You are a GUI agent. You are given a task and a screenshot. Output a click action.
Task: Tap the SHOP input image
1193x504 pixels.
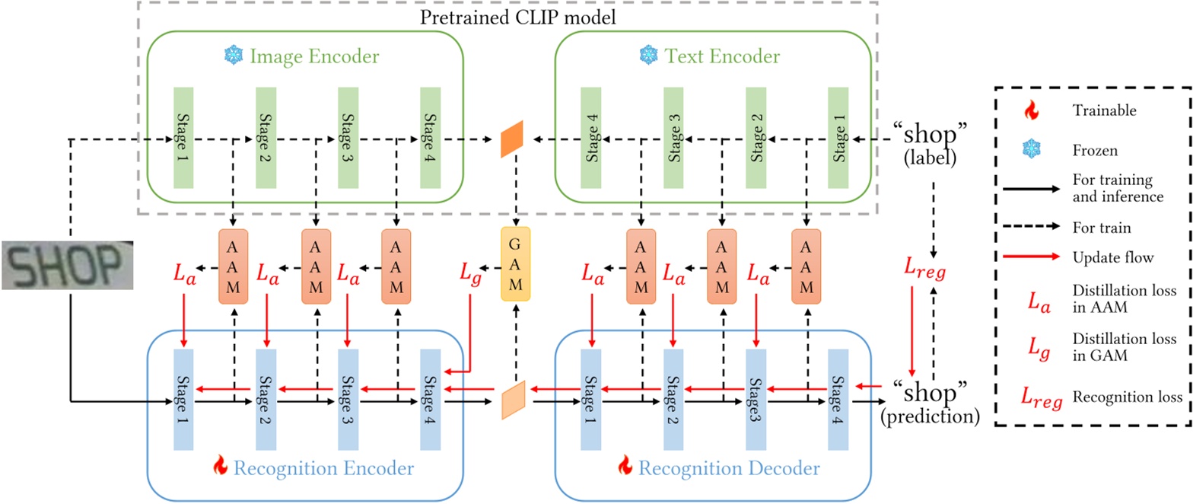(68, 265)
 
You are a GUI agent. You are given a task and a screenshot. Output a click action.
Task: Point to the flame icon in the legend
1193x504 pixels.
(1031, 111)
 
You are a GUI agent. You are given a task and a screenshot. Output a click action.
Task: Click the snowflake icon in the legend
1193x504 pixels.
(1031, 150)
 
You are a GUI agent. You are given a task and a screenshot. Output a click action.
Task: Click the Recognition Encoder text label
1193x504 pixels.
(323, 467)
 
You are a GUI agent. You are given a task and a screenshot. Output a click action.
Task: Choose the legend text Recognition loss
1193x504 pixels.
(1128, 397)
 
